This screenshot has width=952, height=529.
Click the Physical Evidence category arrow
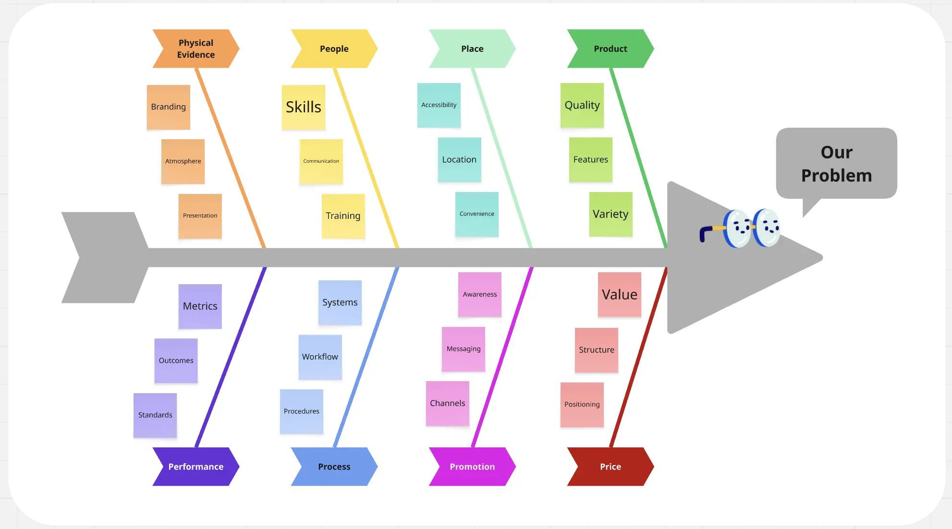(195, 48)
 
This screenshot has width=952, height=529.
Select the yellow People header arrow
(334, 48)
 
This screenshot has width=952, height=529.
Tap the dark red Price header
(610, 467)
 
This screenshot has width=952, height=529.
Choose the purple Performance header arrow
(195, 467)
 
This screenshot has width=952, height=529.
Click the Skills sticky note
(304, 107)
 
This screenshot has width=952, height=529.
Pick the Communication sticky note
(321, 161)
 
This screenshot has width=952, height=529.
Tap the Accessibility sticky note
(439, 105)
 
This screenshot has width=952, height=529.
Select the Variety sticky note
(610, 214)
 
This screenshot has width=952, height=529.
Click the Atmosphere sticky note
(183, 161)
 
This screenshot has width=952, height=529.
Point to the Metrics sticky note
(200, 306)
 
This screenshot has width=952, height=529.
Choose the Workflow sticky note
(320, 357)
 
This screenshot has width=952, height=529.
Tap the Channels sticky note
(447, 403)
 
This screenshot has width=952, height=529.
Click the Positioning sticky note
(582, 405)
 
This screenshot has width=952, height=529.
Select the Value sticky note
(619, 294)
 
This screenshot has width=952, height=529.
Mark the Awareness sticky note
(479, 294)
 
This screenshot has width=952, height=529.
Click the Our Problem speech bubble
(836, 164)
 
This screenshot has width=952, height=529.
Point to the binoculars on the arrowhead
(742, 228)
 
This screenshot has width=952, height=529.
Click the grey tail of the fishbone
(103, 257)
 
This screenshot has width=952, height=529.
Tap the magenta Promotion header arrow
(472, 467)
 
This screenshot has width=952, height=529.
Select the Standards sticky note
(155, 415)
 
